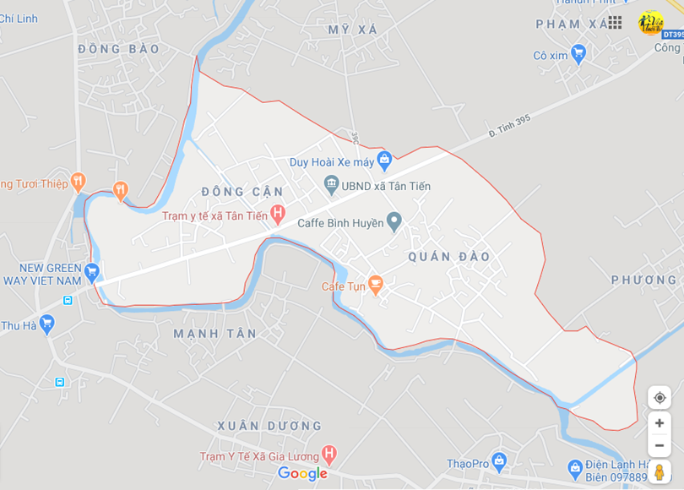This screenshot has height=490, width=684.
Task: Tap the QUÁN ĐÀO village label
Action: tap(448, 256)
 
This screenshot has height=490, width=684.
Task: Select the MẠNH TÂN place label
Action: tap(214, 334)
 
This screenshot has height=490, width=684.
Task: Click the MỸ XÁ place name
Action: tap(352, 30)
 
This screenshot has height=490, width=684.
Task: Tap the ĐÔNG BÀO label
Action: tap(118, 49)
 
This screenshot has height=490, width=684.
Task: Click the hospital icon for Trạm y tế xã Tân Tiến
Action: tap(277, 215)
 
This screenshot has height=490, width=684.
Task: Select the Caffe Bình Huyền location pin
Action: tap(394, 222)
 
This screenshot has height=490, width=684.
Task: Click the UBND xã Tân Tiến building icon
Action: tap(331, 184)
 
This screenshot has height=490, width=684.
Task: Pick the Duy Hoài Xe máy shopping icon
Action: tap(384, 158)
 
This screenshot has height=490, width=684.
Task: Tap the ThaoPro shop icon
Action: tap(498, 462)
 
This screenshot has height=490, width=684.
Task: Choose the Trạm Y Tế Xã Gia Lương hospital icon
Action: tap(329, 455)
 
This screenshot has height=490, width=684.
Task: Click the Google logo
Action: tap(302, 474)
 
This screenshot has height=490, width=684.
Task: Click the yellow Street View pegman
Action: tap(660, 471)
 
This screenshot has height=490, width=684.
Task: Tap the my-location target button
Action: tap(660, 398)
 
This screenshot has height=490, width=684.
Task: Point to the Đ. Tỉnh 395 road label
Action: tap(509, 126)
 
